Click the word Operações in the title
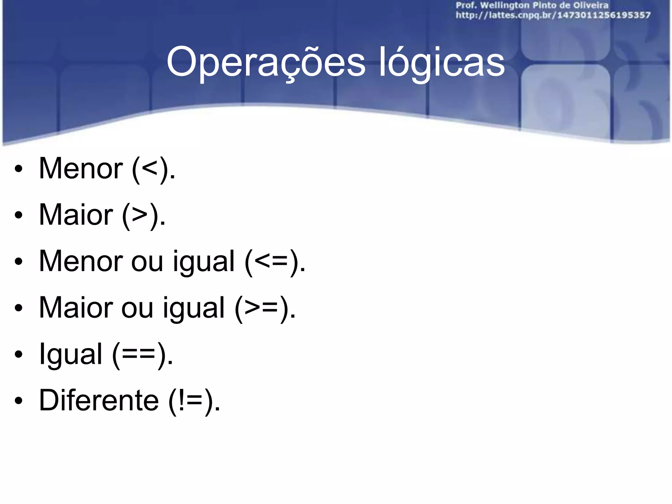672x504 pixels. [266, 62]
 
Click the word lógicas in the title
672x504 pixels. [442, 62]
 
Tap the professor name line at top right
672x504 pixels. [532, 6]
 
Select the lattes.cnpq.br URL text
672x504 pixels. [553, 15]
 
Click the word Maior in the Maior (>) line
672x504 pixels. [76, 215]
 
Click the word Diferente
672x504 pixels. [99, 400]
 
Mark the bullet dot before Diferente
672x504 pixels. [19, 401]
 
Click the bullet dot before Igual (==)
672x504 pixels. [19, 355]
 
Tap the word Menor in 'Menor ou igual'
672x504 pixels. [81, 262]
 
